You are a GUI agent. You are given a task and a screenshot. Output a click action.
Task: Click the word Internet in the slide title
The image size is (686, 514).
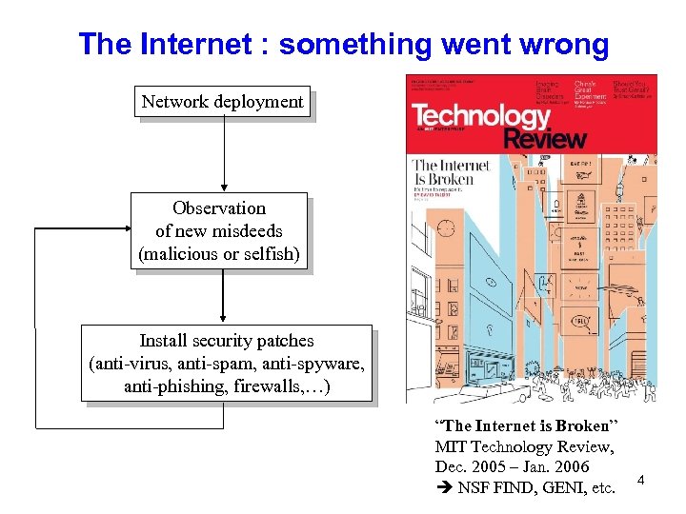point(197,44)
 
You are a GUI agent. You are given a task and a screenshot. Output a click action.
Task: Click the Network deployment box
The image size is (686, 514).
point(222,101)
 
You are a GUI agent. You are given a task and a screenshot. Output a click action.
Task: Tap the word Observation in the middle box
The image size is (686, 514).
point(219,208)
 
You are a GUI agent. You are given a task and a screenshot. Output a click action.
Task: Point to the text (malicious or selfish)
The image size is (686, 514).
point(219,253)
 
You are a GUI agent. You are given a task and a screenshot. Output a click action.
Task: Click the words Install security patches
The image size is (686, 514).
point(226,340)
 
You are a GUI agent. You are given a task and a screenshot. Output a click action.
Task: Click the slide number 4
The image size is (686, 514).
point(641,480)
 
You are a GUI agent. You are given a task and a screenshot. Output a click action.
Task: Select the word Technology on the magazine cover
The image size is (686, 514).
point(481,116)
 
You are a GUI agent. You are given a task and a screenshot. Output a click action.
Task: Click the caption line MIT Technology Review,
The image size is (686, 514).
point(524,446)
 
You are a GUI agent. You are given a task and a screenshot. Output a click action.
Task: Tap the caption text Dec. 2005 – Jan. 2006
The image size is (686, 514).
point(512,467)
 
